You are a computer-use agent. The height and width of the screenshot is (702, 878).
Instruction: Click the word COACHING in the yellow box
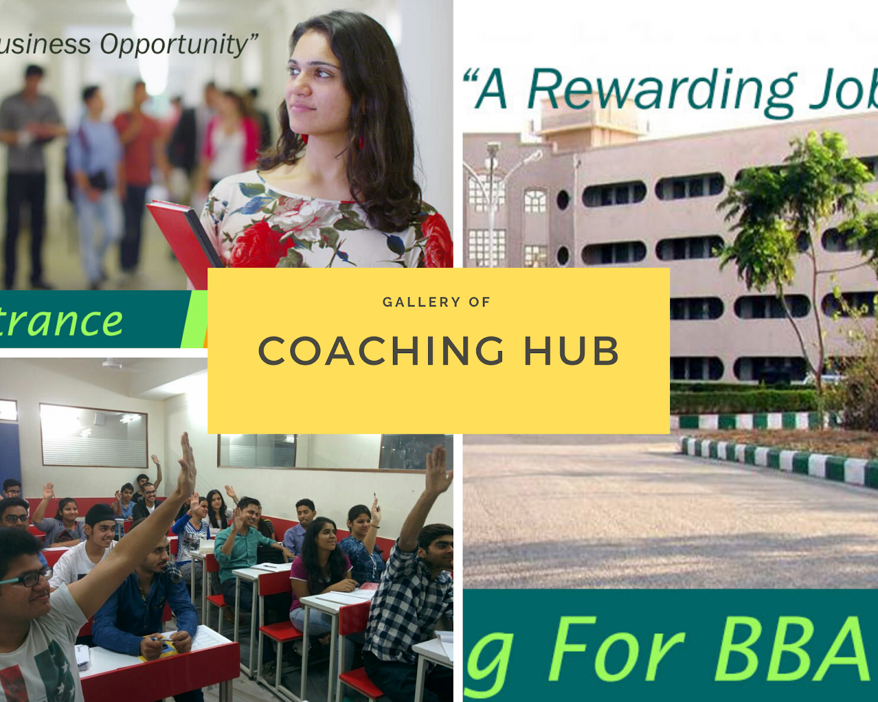tap(381, 351)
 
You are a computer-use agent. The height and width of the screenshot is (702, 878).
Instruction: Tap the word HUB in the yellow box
tap(571, 351)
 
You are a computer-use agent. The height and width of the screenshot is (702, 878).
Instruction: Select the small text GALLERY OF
tap(436, 302)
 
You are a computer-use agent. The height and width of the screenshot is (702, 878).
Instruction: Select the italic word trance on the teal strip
tap(60, 321)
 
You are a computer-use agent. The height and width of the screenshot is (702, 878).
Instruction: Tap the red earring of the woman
tap(361, 143)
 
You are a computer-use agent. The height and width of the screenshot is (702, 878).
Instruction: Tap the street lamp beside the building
tap(494, 159)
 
